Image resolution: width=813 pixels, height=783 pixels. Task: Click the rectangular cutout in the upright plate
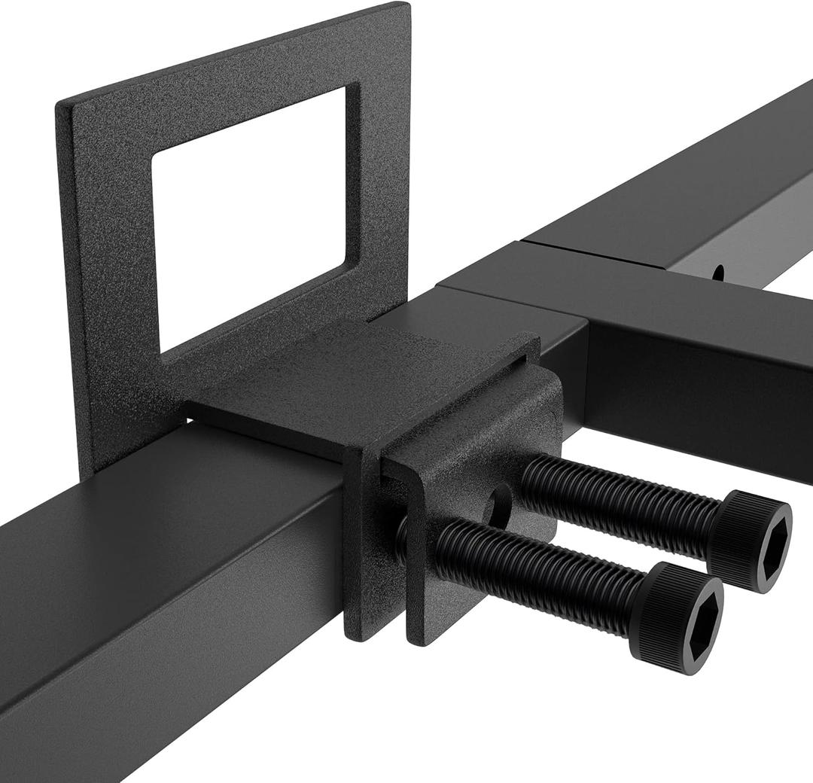(248, 218)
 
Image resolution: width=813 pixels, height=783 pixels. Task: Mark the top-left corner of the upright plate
(59, 105)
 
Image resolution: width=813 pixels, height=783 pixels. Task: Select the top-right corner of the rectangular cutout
(346, 87)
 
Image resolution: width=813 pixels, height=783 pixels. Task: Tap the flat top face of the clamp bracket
(354, 384)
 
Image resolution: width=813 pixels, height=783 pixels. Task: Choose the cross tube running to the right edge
(700, 376)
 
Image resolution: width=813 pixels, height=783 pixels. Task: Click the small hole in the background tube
(719, 271)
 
